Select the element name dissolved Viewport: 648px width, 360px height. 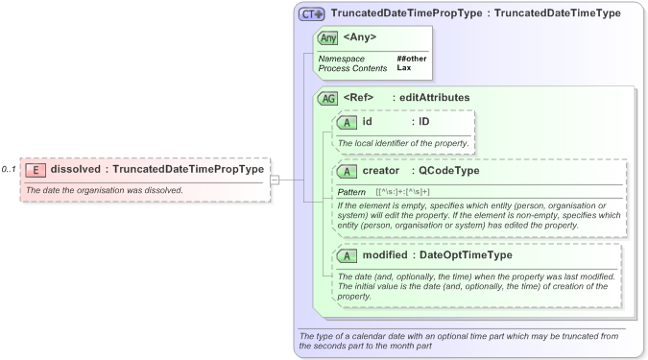[76, 170]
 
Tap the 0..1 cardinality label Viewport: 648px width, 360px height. [9, 170]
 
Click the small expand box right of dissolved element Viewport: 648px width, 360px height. [274, 179]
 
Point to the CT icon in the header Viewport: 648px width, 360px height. [311, 13]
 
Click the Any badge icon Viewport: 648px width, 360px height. [327, 38]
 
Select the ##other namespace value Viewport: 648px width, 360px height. [411, 59]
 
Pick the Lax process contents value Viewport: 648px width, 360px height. [404, 68]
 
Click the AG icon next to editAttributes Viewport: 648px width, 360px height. [327, 98]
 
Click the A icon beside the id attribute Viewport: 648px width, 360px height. [346, 122]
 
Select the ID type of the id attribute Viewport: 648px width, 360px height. [423, 122]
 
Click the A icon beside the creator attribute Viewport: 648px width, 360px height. [346, 171]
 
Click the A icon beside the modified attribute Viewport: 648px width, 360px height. [346, 256]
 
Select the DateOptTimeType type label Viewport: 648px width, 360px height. [465, 256]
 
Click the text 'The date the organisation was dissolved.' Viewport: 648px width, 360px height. [104, 190]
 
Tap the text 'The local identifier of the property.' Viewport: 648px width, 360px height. [403, 143]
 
